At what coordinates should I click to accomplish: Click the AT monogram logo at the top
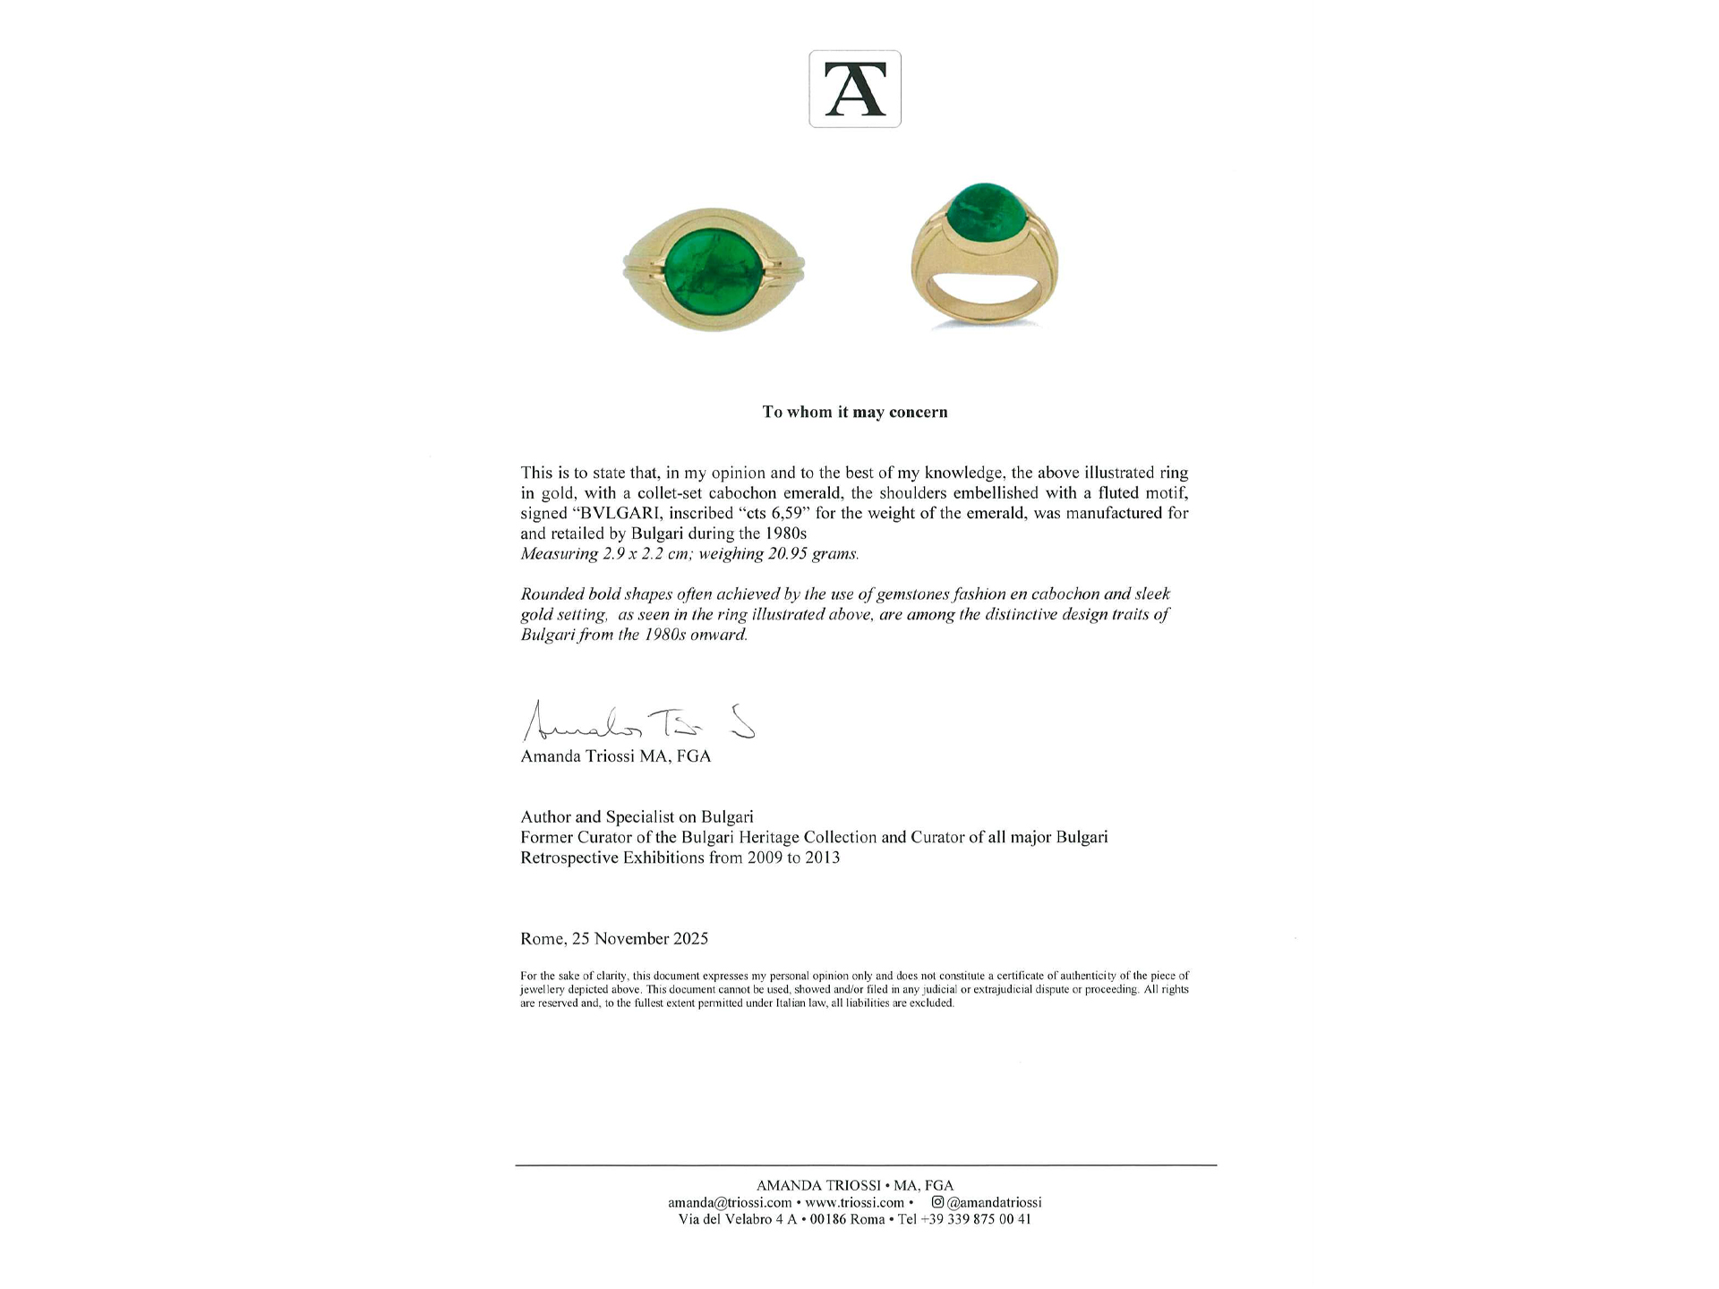[854, 89]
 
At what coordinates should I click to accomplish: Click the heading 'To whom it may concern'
[854, 412]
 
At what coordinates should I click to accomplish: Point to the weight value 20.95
[786, 553]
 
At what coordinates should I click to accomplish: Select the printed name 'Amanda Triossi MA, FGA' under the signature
[615, 756]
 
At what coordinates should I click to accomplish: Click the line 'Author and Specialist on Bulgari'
[637, 816]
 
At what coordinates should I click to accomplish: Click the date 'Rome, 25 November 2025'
[614, 938]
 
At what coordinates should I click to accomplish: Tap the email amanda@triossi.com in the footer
[730, 1202]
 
